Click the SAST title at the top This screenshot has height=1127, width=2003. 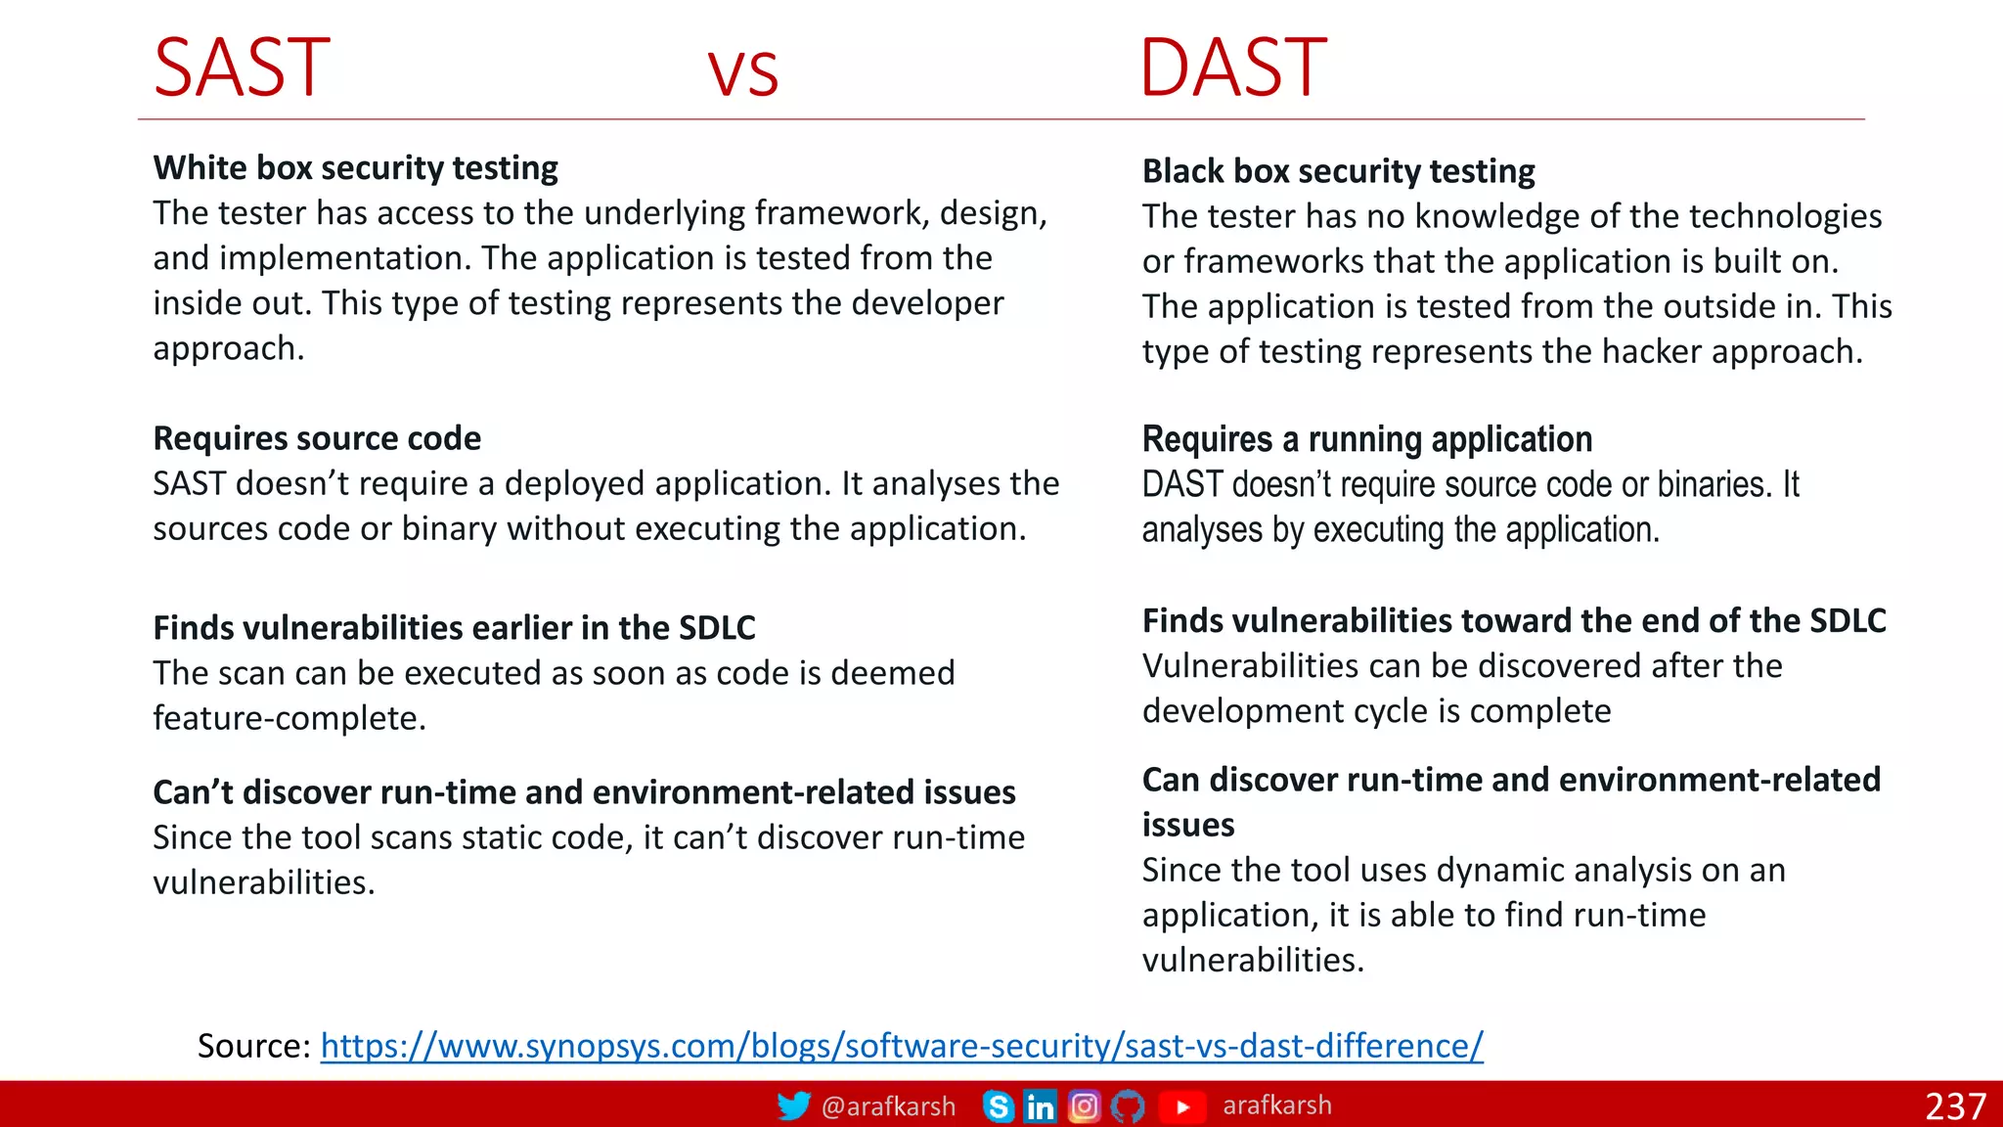242,68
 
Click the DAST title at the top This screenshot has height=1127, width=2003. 1233,68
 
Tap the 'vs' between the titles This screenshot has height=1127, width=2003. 743,73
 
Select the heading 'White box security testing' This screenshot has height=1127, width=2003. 355,168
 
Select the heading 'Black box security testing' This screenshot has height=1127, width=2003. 1338,171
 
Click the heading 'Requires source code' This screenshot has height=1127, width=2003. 317,438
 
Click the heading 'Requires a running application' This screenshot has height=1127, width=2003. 1366,439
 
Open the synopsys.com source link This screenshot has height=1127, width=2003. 901,1046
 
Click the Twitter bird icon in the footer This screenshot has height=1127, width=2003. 793,1105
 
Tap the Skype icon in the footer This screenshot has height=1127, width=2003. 998,1106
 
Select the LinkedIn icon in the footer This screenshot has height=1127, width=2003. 1040,1106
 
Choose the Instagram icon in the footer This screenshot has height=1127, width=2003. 1084,1106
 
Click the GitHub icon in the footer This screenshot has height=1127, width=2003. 1127,1106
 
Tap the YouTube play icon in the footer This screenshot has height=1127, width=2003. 1182,1106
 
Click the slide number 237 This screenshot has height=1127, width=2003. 1955,1106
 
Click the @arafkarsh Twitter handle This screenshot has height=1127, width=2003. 888,1106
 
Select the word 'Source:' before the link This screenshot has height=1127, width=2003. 254,1046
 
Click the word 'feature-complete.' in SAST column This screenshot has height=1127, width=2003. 289,718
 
